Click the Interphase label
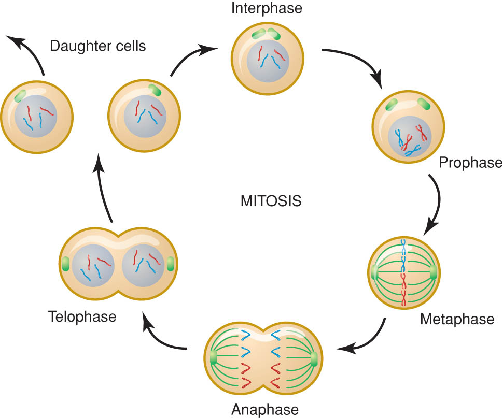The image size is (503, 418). tap(267, 8)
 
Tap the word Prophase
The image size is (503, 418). tap(471, 163)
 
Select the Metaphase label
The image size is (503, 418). tap(457, 319)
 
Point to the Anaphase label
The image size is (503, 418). tap(265, 409)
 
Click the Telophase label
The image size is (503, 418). tap(82, 316)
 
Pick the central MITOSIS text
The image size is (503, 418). tap(271, 201)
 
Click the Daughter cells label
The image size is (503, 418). tap(98, 46)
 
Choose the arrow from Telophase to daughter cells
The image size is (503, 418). tap(103, 189)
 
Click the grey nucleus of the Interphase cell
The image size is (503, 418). tap(268, 61)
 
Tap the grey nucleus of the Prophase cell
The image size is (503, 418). tap(410, 137)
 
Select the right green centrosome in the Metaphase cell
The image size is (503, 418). tap(433, 272)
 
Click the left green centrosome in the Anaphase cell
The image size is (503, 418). tap(214, 357)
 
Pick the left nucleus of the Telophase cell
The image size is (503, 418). tap(93, 266)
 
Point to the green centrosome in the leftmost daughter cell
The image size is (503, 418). tap(20, 96)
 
